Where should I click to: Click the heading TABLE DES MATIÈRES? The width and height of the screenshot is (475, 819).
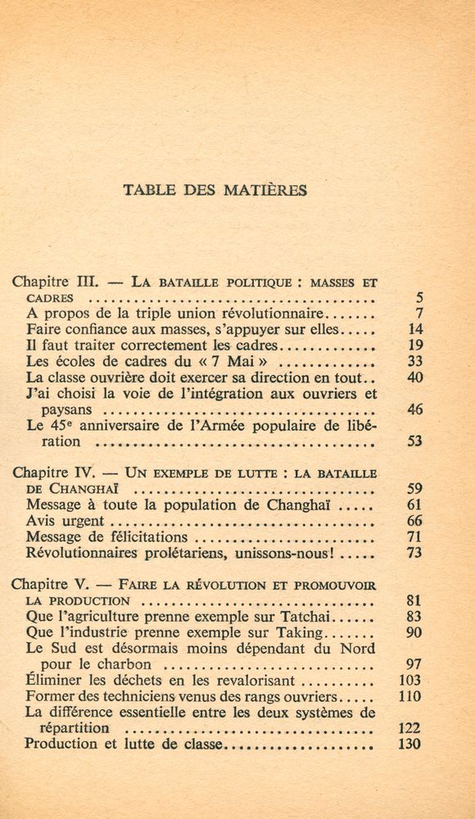pyautogui.click(x=215, y=190)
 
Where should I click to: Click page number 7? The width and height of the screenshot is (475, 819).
pyautogui.click(x=417, y=314)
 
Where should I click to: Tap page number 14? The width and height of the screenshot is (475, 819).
pyautogui.click(x=414, y=329)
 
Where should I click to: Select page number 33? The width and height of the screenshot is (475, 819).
pyautogui.click(x=414, y=361)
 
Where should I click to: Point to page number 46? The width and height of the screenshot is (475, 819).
pyautogui.click(x=414, y=409)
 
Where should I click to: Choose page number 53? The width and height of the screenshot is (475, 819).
pyautogui.click(x=414, y=441)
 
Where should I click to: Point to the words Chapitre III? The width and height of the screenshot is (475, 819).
pyautogui.click(x=56, y=282)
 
